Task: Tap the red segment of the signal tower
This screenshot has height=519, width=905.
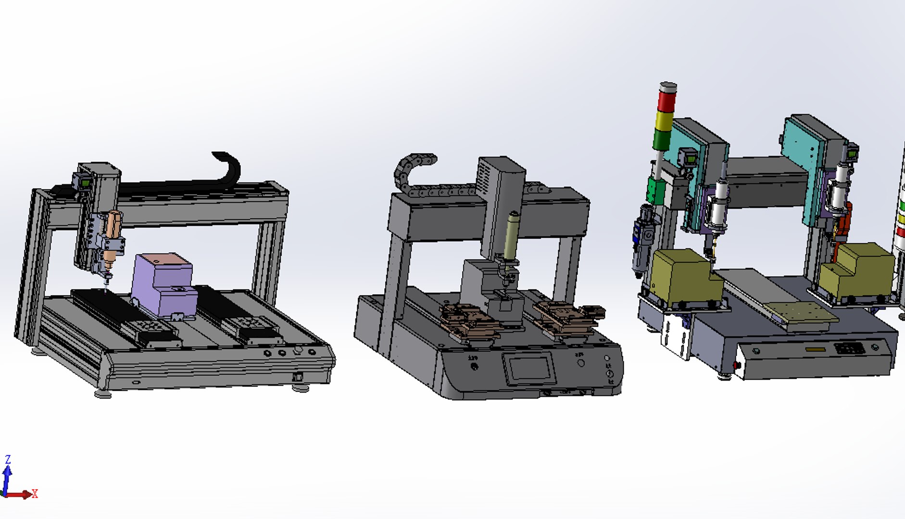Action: point(667,101)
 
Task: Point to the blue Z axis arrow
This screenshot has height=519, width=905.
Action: point(7,473)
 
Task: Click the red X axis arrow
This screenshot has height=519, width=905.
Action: point(22,494)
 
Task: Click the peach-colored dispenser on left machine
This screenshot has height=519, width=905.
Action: point(114,226)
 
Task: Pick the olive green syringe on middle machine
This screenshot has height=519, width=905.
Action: point(511,235)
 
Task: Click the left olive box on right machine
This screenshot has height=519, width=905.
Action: point(683,276)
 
